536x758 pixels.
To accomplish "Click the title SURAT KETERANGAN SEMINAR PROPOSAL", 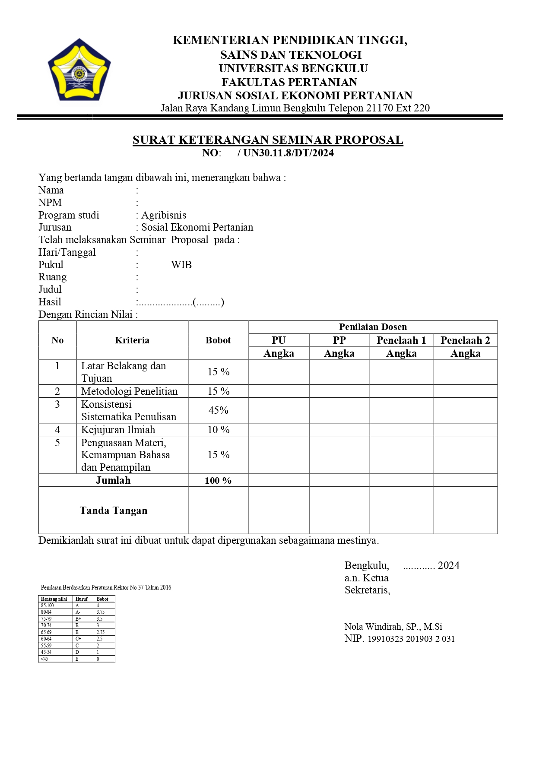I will pos(268,140).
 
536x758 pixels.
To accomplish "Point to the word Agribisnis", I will pos(164,215).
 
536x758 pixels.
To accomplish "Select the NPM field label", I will pos(50,203).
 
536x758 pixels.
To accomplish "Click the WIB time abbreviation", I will pos(181,265).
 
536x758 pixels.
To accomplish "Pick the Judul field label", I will pos(50,289).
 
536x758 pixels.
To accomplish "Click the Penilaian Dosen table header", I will pos(373,327).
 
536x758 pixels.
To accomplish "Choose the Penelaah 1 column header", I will pos(401,340).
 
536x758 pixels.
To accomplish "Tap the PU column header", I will pos(279,340).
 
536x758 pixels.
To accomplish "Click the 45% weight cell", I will pos(218,410).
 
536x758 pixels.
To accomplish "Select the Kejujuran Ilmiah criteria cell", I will pos(118,430).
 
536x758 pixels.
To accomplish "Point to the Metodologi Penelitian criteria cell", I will pos(129,391).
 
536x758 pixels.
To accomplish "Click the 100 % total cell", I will pos(218,481).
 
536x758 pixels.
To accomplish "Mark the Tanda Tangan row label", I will pos(113,511).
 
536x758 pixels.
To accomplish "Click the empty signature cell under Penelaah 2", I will pos(465,511).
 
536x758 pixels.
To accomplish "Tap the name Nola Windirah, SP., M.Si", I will pos(393,627).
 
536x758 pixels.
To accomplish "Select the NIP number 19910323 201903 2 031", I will pos(411,639).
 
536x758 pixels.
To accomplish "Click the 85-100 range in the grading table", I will pos(48,606).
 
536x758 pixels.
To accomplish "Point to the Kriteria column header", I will pos(132,340).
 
